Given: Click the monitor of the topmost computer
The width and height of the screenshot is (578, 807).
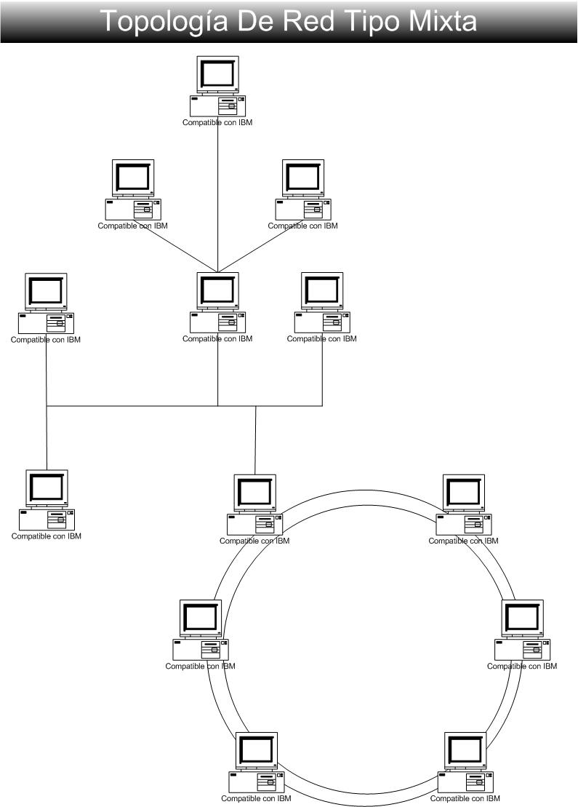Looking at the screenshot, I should coord(217,74).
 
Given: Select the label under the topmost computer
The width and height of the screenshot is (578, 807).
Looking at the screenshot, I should coord(217,123).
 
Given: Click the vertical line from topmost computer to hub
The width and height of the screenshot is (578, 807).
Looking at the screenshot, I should coord(218,196).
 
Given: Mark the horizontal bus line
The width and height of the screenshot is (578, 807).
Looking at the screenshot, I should coord(145,406).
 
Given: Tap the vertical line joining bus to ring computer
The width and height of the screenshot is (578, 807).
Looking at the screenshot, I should coord(255,440).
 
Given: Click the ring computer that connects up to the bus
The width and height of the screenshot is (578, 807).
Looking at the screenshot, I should coord(254,506).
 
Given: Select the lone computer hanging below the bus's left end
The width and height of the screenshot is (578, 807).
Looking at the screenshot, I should coord(47,501).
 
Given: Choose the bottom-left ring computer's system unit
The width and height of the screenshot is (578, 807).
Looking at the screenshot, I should coord(257,781).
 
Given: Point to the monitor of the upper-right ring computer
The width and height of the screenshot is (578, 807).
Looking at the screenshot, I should coord(463,493).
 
